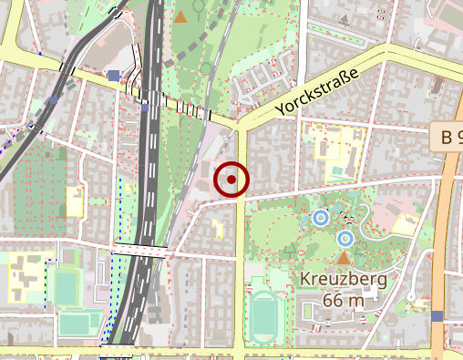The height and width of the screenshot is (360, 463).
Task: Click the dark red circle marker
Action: tap(231, 180)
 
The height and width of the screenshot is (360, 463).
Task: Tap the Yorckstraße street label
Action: tap(314, 93)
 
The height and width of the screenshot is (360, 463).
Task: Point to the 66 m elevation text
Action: tap(344, 300)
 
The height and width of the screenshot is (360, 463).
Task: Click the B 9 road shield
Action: tap(448, 138)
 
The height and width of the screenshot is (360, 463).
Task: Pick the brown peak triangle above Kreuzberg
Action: tap(344, 259)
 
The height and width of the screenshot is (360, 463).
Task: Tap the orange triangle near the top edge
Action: tap(181, 16)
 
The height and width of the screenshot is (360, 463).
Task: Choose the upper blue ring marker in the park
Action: tap(320, 218)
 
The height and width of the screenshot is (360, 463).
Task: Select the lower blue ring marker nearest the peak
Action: tap(345, 239)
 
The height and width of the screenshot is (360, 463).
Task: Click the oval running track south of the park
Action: tap(263, 316)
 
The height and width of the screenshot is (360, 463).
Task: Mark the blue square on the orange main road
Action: tap(437, 316)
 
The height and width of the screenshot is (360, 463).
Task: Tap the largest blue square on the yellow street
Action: tap(113, 76)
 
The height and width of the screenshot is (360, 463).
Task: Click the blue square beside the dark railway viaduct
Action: tap(145, 108)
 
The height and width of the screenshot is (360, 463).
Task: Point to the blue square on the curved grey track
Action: tap(55, 100)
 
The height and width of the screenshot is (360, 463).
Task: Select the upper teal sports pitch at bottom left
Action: tap(66, 285)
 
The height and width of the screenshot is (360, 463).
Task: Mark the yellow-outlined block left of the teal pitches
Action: tap(25, 277)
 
